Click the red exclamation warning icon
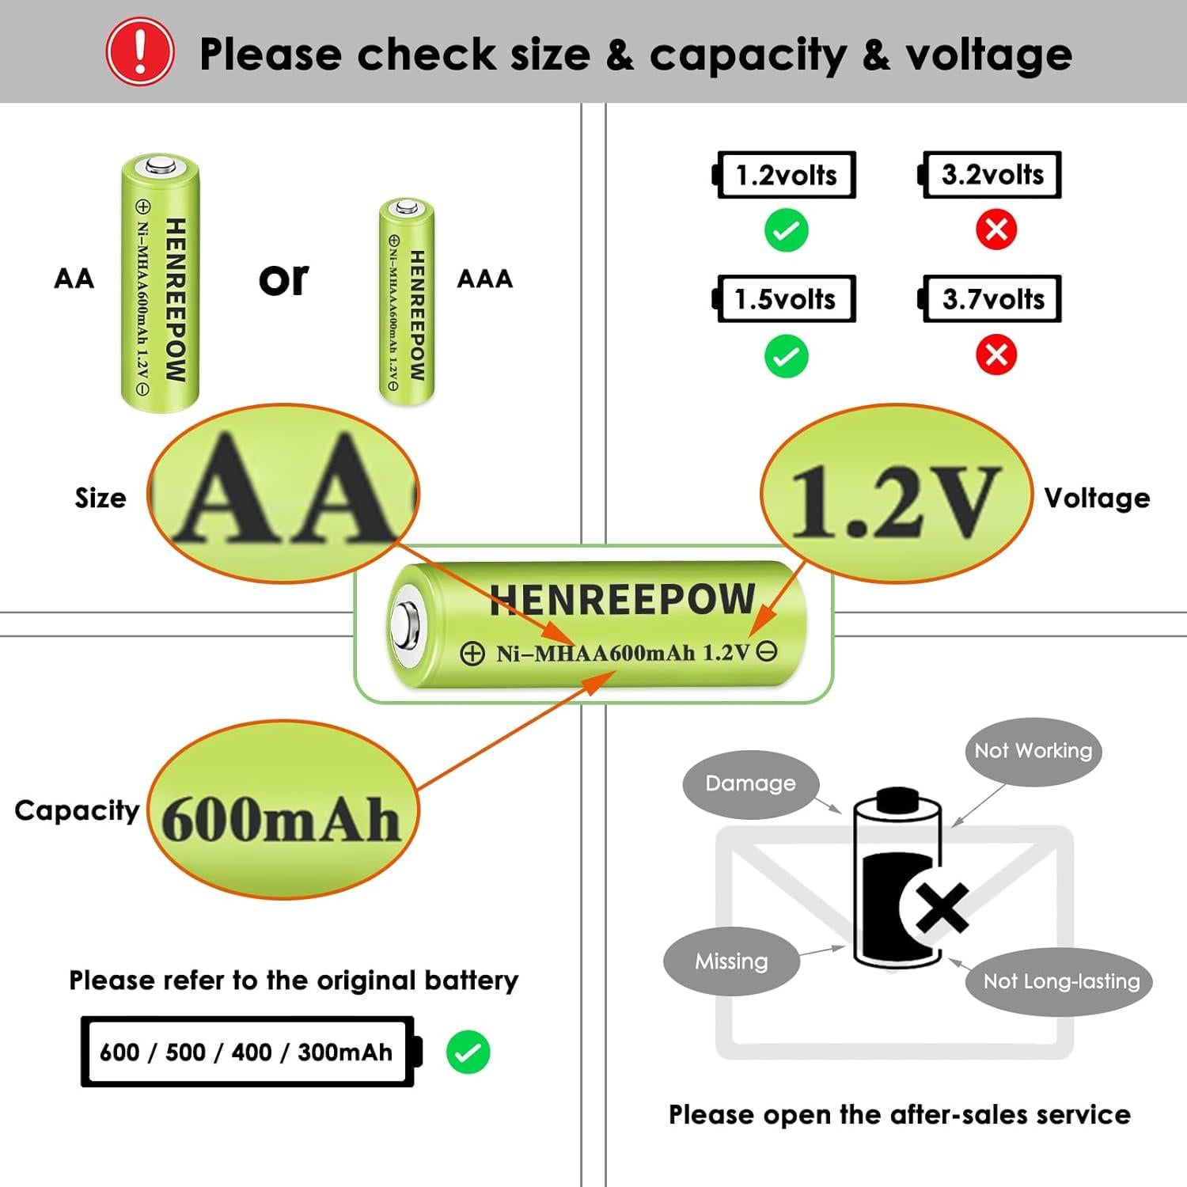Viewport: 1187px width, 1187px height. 140,52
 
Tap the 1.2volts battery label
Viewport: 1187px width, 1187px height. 786,175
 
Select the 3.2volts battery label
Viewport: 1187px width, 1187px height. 992,175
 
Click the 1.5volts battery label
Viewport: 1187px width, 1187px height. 786,299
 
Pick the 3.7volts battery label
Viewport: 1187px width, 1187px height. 992,299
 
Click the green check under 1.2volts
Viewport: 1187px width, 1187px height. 786,230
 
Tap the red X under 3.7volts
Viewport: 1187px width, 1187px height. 995,355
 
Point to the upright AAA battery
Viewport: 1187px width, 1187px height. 407,301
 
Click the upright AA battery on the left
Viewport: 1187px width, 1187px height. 160,283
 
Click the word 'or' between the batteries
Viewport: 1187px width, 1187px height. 283,279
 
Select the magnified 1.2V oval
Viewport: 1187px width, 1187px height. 896,495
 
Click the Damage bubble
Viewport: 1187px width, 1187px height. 750,783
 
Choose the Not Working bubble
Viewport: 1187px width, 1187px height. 1033,751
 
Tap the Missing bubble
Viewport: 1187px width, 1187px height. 731,961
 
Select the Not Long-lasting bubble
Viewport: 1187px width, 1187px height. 1060,981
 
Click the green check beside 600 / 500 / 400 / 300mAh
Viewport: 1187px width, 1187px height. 468,1052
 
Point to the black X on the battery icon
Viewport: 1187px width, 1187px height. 942,906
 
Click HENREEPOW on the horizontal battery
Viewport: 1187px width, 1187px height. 622,599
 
